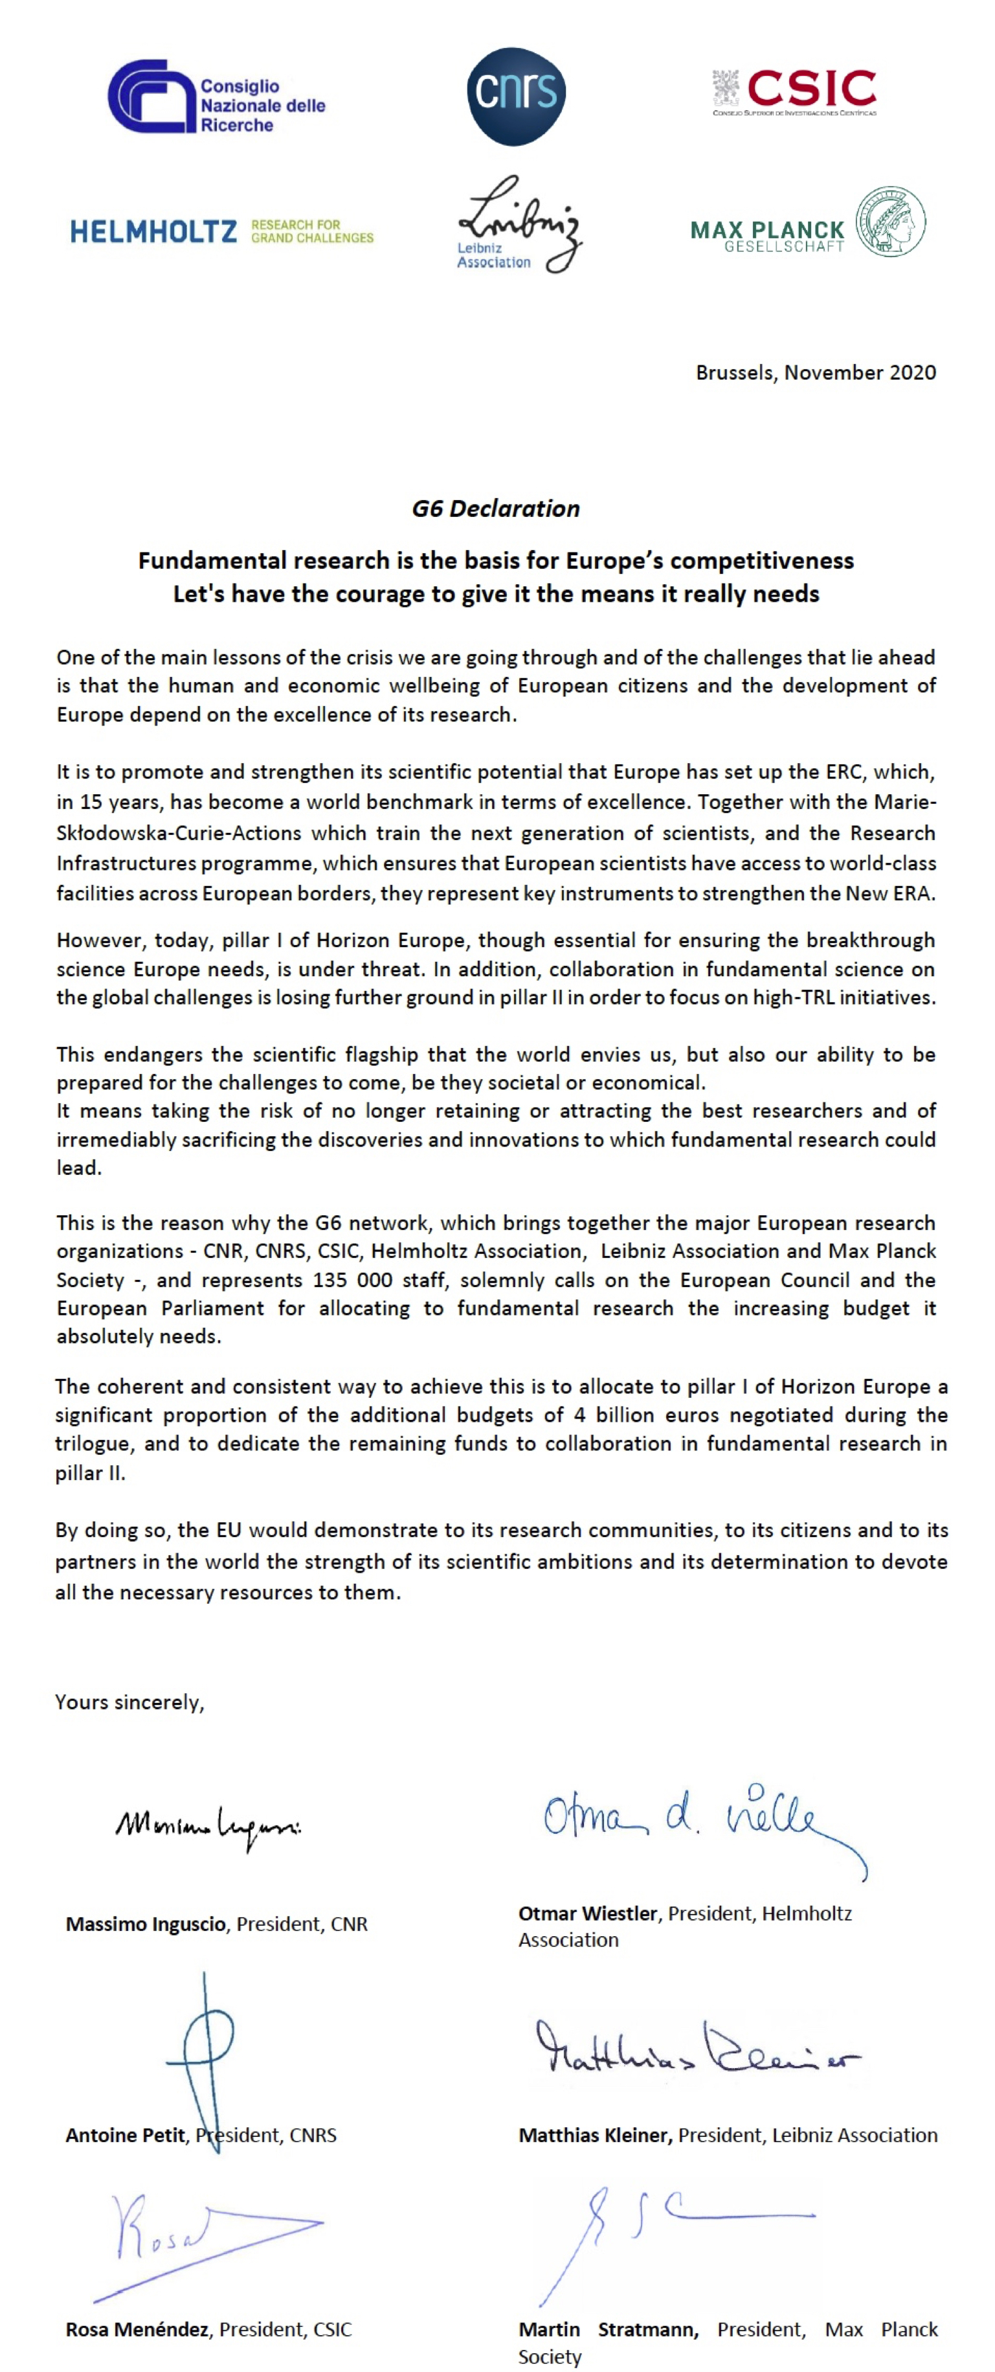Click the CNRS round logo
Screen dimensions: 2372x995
click(x=515, y=97)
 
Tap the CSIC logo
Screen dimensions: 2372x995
click(x=794, y=91)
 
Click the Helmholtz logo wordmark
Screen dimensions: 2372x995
click(x=153, y=231)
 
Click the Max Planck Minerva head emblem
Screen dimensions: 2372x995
click(x=890, y=222)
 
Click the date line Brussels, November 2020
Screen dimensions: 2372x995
click(x=816, y=373)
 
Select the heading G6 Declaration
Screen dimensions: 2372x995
click(x=496, y=508)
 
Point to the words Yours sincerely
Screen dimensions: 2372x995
click(x=129, y=1702)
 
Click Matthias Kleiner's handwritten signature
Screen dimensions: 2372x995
click(x=697, y=2049)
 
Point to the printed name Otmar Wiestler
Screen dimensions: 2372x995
click(x=587, y=1913)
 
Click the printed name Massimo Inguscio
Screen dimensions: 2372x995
click(x=146, y=1924)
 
